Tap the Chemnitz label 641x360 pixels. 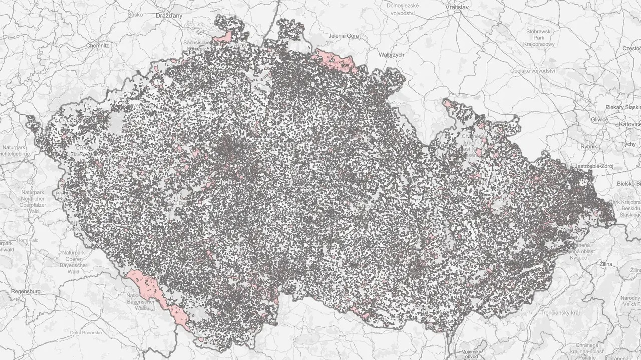pos(97,45)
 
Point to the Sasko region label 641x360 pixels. pos(135,14)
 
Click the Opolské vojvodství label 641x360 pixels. pos(532,71)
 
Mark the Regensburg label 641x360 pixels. pos(25,290)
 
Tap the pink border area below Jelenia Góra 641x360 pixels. pos(336,60)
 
